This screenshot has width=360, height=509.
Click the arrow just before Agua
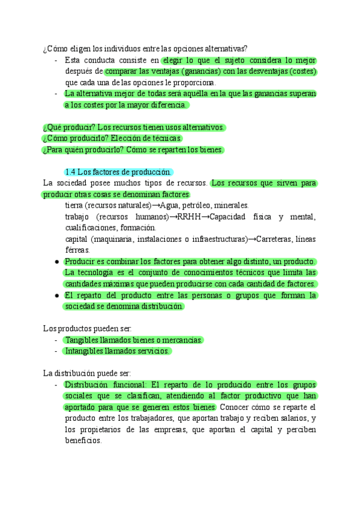(x=156, y=205)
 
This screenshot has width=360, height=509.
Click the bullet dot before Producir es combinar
(x=56, y=262)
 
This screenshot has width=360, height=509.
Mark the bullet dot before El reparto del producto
(x=56, y=295)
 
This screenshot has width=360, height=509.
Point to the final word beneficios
(x=83, y=440)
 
